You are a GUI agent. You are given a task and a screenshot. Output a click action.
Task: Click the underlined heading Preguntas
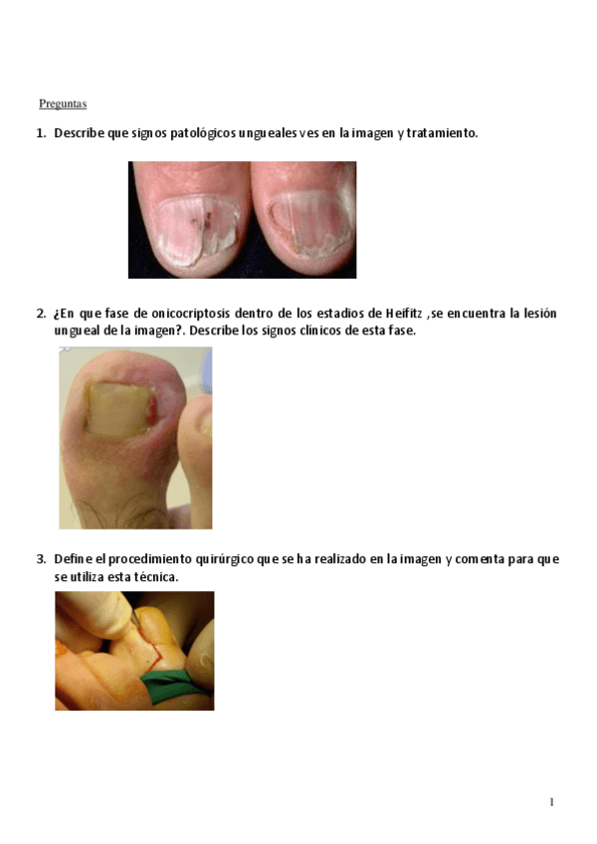[x=63, y=104]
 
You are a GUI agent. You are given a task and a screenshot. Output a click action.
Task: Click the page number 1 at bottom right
[x=551, y=802]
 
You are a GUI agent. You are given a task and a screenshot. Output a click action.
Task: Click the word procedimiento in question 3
[x=145, y=558]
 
